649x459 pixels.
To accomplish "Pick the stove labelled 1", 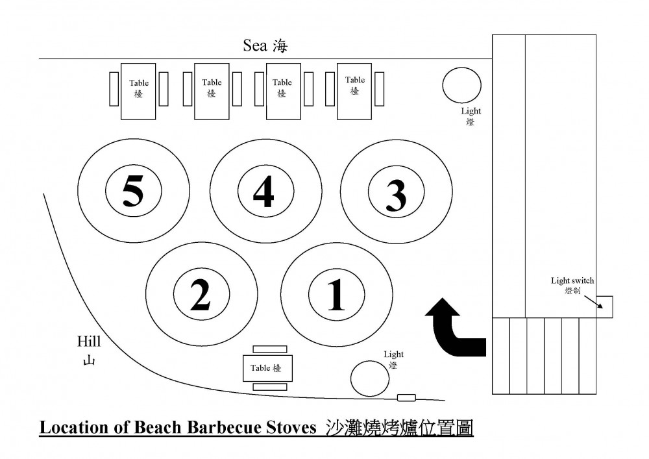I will pos(336,296).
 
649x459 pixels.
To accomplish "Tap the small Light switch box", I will pos(604,306).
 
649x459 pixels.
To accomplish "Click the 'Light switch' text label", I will pos(572,281).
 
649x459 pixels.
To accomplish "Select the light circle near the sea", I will pos(461,85).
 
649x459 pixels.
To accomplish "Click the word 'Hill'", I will pos(89,341).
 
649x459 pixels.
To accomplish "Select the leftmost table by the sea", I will pos(139,90).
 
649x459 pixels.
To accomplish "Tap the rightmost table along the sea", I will pos(354,90).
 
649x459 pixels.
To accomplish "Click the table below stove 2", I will pos(267,368).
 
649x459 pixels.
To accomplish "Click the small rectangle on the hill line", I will pos(406,397).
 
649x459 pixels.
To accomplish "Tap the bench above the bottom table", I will pos(269,349).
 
